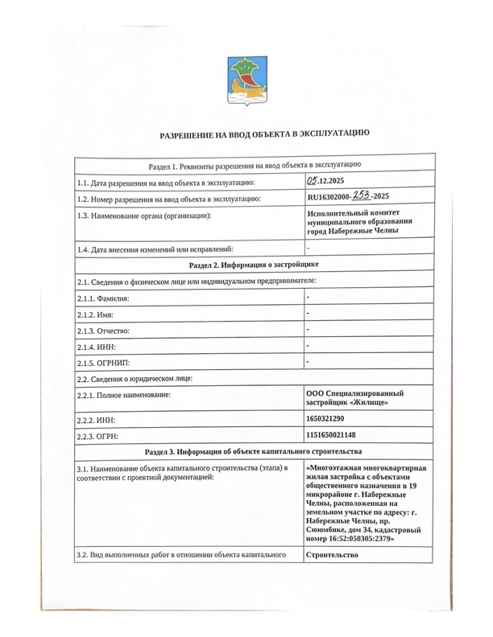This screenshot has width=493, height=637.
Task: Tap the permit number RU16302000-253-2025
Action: (349, 197)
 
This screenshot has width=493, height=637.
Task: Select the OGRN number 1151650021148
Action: (331, 435)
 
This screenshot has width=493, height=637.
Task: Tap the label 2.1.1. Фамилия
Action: (102, 298)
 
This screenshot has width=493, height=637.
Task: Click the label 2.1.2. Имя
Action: (96, 314)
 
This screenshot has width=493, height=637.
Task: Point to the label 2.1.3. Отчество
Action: (102, 331)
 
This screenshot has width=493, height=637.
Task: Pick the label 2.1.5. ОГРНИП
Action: (101, 363)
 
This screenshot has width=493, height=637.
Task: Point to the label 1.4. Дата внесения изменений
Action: (154, 249)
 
